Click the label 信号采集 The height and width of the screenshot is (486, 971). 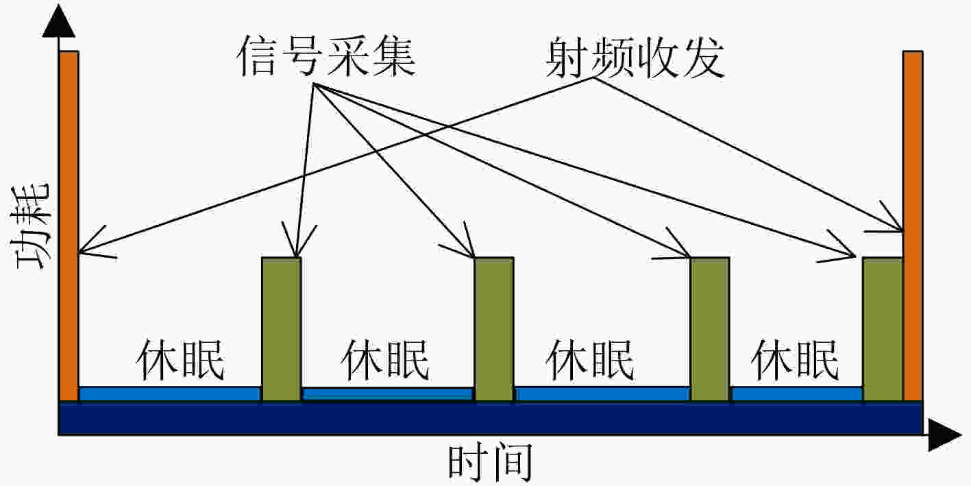pos(326,56)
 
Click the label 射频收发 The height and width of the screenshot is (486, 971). pos(635,57)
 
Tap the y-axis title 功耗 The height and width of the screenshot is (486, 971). pos(31,226)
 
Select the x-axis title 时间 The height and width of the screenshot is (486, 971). pos(490,462)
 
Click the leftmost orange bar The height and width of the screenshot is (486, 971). pos(69,226)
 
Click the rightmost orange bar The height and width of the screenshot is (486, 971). pos(913,226)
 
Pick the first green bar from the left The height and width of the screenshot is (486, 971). pos(282,329)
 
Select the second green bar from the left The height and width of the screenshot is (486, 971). pos(494,329)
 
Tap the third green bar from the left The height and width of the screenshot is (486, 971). pos(710,329)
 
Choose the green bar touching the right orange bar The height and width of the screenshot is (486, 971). pos(883,329)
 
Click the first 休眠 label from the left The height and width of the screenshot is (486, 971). pos(180,360)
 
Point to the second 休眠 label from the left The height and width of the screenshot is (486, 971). pos(385,360)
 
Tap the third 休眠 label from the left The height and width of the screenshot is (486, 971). pos(590,360)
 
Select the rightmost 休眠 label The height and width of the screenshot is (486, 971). pos(795,360)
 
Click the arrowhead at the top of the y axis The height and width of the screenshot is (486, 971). pos(59,22)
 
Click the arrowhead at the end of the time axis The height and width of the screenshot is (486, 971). pos(944,435)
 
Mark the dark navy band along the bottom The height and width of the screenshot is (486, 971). pos(491,418)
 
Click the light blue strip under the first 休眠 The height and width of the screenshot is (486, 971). pos(170,394)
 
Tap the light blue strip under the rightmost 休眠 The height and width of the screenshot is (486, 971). pos(797,394)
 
